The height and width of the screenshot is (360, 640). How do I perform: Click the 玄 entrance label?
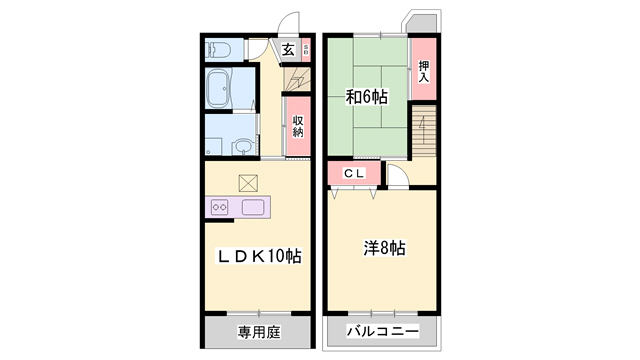click(287, 49)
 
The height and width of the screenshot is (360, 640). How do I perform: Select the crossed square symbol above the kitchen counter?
click(248, 183)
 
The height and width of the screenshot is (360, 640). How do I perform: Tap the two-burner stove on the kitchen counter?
click(220, 208)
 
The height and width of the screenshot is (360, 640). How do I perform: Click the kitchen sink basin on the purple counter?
click(252, 208)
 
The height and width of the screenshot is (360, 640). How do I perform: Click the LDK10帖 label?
click(260, 256)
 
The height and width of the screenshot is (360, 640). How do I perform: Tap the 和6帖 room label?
click(367, 97)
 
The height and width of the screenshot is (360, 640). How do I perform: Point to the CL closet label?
click(355, 174)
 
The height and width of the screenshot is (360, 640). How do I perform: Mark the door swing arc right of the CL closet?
click(398, 178)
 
